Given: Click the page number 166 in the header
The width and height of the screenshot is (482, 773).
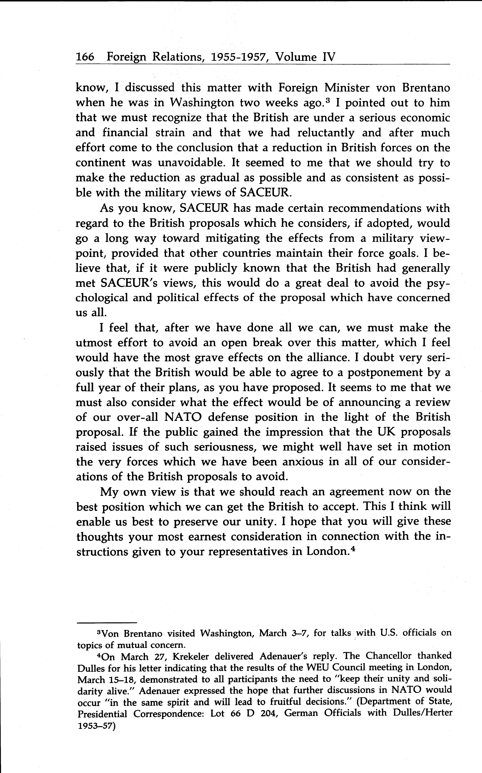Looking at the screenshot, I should (85, 57).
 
